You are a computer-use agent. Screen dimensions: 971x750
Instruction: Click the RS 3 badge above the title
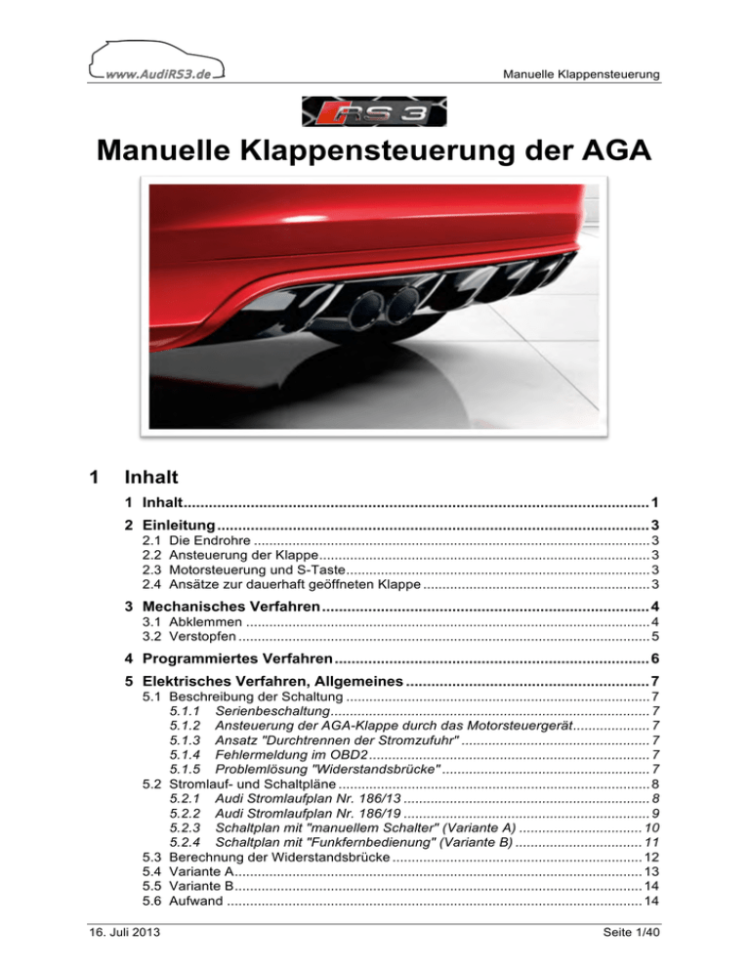pos(374,112)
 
